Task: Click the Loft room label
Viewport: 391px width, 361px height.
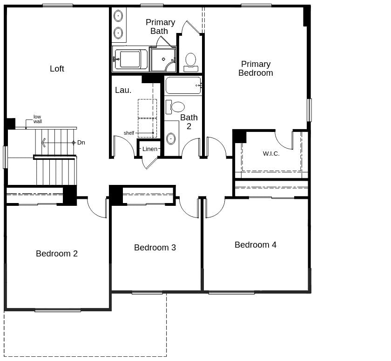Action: coord(57,69)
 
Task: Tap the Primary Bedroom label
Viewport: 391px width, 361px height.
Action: coord(256,68)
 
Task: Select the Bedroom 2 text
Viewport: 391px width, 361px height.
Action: coord(57,254)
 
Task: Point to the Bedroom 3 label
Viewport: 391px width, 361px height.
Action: coord(155,248)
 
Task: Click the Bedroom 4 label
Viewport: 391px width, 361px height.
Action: coord(256,245)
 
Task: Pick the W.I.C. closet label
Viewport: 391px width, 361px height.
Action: coord(271,154)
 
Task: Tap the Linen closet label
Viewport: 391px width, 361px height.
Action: coord(150,149)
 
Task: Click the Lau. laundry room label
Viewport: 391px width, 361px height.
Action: coord(123,90)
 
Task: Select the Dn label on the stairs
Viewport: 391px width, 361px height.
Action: coord(81,143)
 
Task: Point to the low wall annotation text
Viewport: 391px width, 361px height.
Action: coord(38,119)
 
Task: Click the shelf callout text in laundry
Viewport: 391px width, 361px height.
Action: coord(129,133)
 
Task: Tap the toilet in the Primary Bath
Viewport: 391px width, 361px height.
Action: coord(191,61)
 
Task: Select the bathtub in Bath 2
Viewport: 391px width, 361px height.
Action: coord(183,85)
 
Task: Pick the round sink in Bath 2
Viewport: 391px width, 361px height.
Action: coord(171,138)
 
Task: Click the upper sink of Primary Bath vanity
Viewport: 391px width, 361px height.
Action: coord(118,16)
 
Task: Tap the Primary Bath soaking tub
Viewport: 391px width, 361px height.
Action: coord(130,59)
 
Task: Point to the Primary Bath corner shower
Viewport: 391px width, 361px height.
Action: coord(163,59)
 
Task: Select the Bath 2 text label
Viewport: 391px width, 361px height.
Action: coord(189,122)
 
